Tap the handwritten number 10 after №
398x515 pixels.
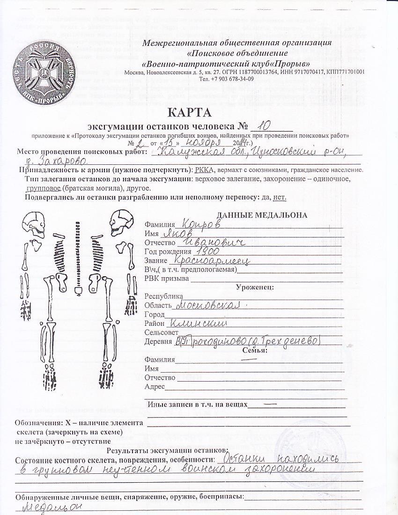(265, 125)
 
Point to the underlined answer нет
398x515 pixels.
(280, 197)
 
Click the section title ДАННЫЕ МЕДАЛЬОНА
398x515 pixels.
(262, 215)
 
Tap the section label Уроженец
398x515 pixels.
(255, 287)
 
